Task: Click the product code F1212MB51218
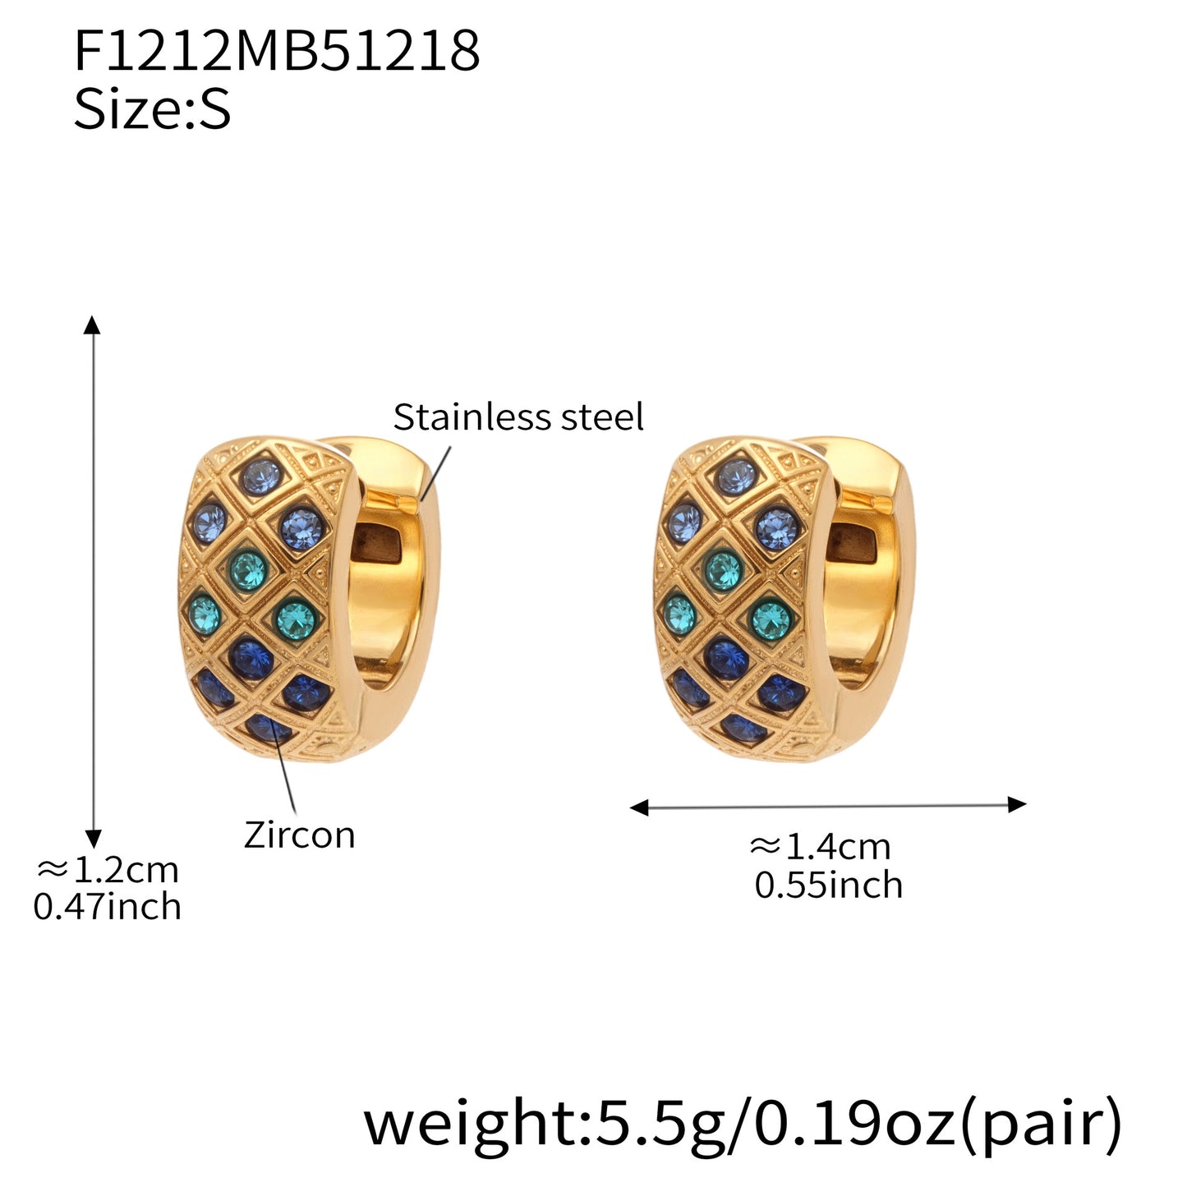[x=276, y=51]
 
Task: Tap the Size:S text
[x=152, y=110]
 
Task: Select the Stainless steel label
[x=518, y=417]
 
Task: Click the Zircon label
[x=299, y=835]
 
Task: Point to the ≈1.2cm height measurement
[x=108, y=869]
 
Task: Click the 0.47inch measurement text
[x=108, y=907]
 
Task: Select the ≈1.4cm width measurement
[x=820, y=846]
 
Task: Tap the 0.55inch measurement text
[x=828, y=886]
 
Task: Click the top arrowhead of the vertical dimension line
[x=93, y=324]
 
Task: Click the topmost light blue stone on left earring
[x=263, y=477]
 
